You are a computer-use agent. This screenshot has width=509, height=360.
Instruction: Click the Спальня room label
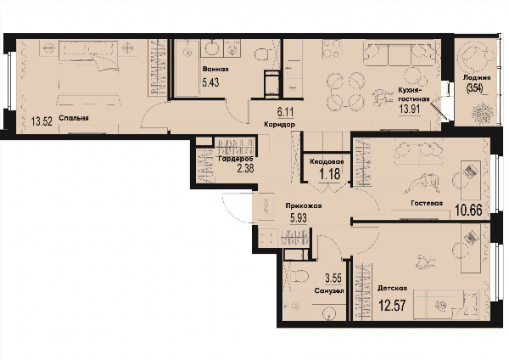click(74, 118)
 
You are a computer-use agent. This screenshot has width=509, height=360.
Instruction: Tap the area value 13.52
click(42, 122)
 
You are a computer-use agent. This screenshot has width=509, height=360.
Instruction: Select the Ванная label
click(215, 70)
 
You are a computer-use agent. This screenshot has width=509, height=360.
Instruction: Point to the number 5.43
click(210, 82)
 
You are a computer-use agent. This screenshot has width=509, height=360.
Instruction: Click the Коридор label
click(279, 125)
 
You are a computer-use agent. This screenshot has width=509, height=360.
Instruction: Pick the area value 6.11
click(285, 112)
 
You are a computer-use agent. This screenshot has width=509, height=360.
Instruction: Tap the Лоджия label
click(477, 78)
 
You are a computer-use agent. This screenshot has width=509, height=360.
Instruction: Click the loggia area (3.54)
click(474, 88)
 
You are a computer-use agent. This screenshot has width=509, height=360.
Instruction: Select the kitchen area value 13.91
click(410, 109)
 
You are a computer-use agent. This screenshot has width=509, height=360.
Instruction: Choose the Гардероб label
click(234, 160)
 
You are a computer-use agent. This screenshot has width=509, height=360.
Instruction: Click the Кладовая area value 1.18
click(330, 174)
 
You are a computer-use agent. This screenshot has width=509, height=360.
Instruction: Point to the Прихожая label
click(304, 205)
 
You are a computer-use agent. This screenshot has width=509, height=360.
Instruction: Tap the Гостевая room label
click(427, 204)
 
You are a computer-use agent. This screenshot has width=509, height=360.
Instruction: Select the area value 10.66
click(468, 211)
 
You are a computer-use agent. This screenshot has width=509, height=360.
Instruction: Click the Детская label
click(392, 289)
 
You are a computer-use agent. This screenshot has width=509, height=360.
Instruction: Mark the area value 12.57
click(393, 306)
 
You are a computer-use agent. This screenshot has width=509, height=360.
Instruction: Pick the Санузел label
click(329, 291)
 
